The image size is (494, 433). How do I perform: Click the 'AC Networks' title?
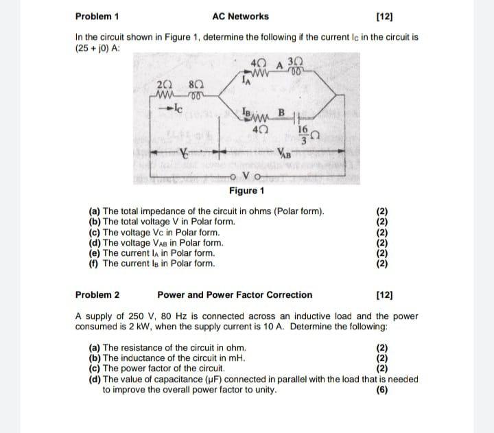tap(240, 16)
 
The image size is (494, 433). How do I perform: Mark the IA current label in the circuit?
tap(249, 80)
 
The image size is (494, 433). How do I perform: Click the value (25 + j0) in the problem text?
tap(95, 48)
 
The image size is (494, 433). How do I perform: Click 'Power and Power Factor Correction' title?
tap(235, 295)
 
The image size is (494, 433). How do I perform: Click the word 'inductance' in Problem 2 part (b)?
tap(165, 358)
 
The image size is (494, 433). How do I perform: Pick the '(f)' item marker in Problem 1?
tap(94, 263)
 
